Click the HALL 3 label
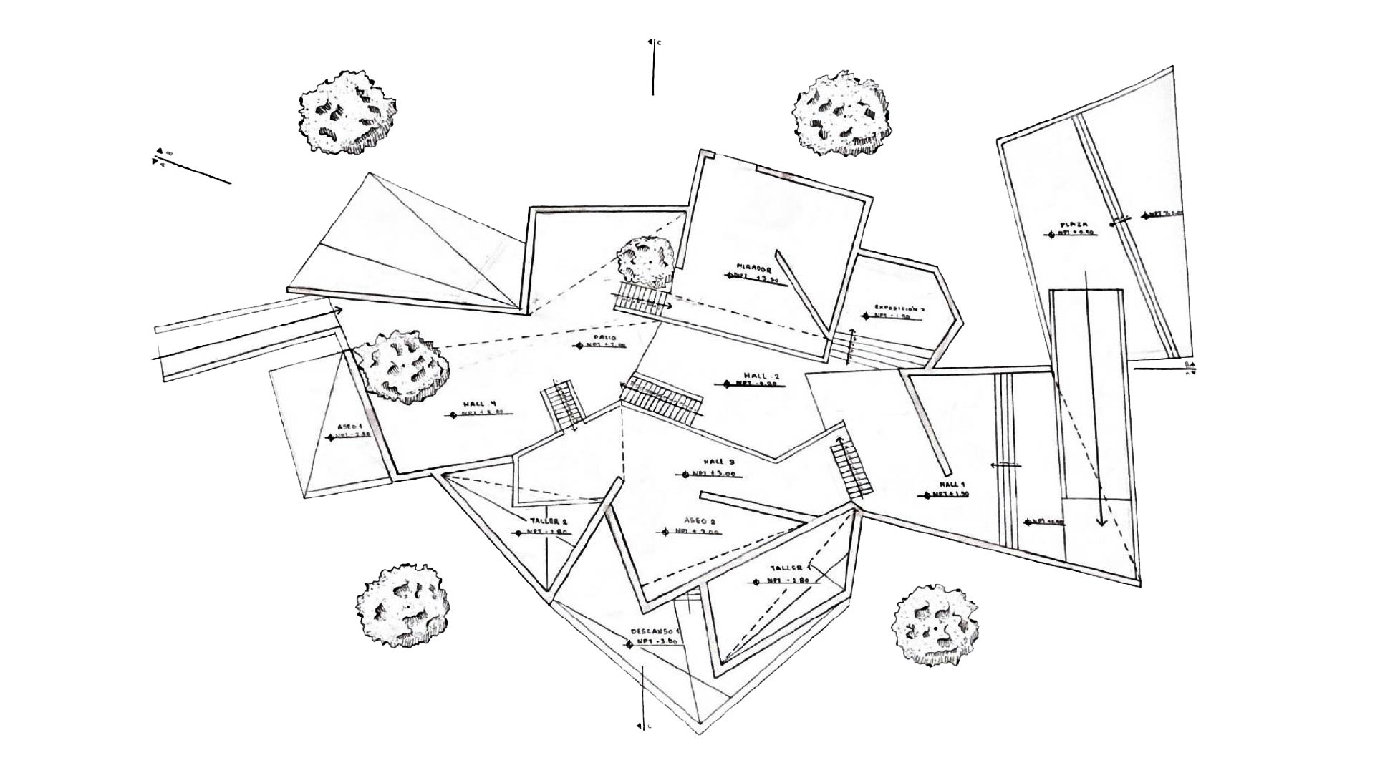[x=715, y=462]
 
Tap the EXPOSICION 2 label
[x=899, y=309]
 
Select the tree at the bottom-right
[x=936, y=623]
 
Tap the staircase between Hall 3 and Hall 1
[x=851, y=468]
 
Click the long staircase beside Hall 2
[x=662, y=399]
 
